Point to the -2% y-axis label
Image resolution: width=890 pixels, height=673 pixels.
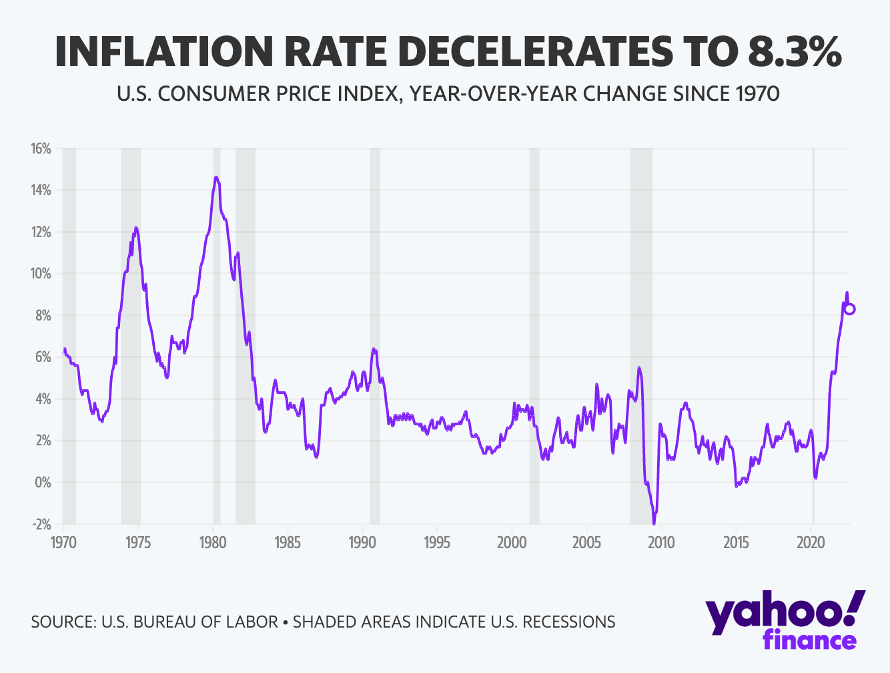click(41, 524)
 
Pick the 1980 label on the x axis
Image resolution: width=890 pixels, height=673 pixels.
click(212, 541)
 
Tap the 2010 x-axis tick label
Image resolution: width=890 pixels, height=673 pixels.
click(660, 541)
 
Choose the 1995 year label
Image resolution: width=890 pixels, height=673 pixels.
click(436, 541)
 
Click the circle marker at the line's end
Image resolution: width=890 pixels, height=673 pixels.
click(849, 309)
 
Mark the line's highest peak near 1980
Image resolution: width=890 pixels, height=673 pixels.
click(215, 178)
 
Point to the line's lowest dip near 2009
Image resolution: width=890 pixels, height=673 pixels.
click(654, 522)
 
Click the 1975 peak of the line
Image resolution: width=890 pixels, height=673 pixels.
click(136, 228)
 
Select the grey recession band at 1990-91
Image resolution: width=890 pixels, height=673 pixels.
click(375, 334)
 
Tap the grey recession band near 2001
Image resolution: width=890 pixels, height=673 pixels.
click(534, 334)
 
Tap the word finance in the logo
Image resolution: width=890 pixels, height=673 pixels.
click(809, 639)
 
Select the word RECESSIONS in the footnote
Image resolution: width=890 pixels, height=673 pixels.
click(568, 622)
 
